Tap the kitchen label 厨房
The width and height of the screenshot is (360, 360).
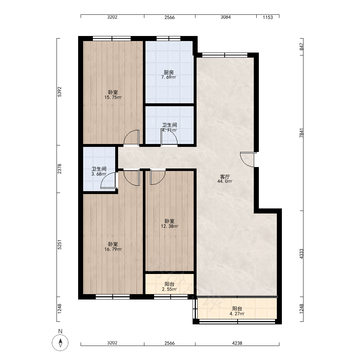[169, 73]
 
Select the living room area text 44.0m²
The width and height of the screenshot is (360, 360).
[225, 181]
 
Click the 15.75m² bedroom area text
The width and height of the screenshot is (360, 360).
[113, 97]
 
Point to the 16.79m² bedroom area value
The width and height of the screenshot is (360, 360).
[113, 249]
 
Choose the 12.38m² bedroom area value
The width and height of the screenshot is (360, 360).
[170, 226]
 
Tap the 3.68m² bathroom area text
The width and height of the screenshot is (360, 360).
[99, 174]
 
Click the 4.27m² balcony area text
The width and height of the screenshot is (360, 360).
[237, 314]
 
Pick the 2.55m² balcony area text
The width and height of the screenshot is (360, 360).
[170, 289]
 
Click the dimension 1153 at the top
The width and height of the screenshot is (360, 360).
[268, 17]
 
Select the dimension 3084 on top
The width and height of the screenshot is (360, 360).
[226, 17]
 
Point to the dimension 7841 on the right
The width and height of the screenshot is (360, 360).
[301, 133]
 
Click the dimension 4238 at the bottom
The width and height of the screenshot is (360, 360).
[237, 343]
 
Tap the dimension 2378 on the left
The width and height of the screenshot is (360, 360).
[59, 169]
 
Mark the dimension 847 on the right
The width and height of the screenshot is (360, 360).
[301, 47]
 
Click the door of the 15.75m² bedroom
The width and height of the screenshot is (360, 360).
[131, 138]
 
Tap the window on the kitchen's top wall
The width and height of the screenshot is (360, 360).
[168, 39]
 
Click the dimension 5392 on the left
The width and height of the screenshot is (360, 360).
[59, 91]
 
